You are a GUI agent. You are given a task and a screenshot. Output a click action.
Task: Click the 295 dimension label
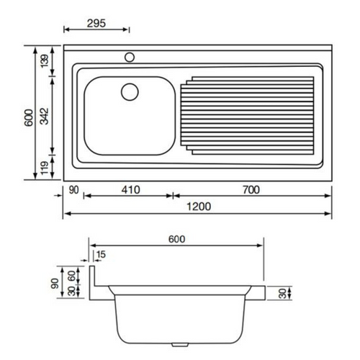tap(96, 23)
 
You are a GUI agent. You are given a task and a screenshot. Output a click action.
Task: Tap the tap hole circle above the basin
tap(130, 57)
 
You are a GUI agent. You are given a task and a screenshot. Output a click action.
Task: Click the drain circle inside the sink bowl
tap(130, 92)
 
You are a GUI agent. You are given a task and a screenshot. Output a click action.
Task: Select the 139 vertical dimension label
tap(45, 61)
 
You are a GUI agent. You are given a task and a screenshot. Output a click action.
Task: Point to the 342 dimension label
tap(45, 117)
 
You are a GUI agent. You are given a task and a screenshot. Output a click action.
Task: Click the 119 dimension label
tap(45, 168)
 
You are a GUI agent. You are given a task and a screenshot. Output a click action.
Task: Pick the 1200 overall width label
tap(199, 207)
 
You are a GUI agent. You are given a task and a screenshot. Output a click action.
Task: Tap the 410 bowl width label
tap(130, 189)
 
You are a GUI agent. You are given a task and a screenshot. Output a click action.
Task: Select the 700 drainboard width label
tap(251, 189)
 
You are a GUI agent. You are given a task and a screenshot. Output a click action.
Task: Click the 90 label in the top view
tap(73, 190)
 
